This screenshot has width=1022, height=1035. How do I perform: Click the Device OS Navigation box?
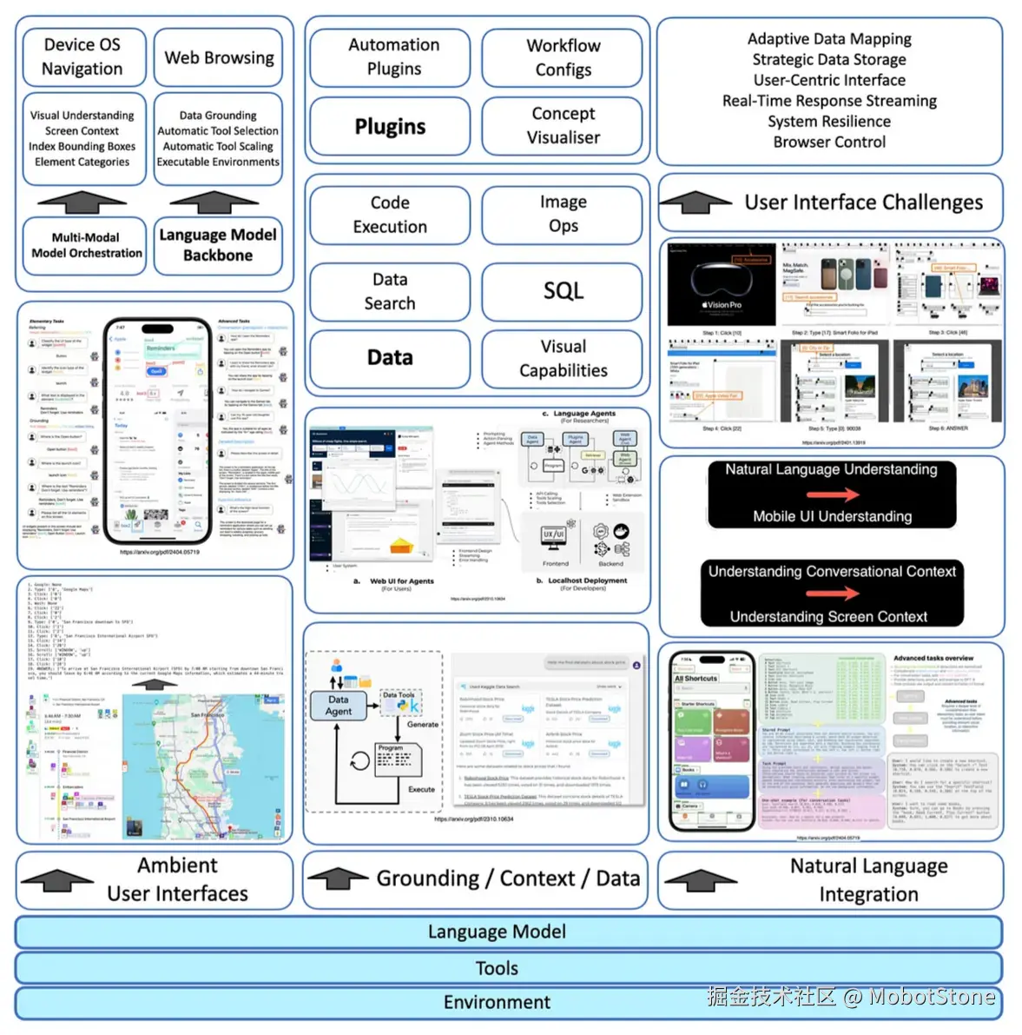[x=82, y=56]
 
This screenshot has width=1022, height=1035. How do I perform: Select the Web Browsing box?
[x=219, y=58]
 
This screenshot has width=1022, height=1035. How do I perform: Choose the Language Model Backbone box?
[x=218, y=245]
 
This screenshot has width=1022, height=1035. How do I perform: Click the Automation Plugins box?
[x=393, y=57]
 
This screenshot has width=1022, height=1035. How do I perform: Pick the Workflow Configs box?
[x=563, y=58]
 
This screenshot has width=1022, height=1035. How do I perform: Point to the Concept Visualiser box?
[x=563, y=126]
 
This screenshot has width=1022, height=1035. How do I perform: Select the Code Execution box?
[x=390, y=215]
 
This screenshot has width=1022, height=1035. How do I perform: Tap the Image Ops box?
[x=563, y=215]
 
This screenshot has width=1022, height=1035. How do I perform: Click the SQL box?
[x=563, y=291]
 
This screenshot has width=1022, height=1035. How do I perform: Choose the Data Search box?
[x=390, y=291]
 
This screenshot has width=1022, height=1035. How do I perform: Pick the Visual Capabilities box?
[x=563, y=359]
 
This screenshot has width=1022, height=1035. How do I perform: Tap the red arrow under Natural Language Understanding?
[x=832, y=494]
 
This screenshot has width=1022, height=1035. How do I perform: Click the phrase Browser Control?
[x=829, y=143]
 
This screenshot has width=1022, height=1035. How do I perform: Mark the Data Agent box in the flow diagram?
[x=339, y=705]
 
